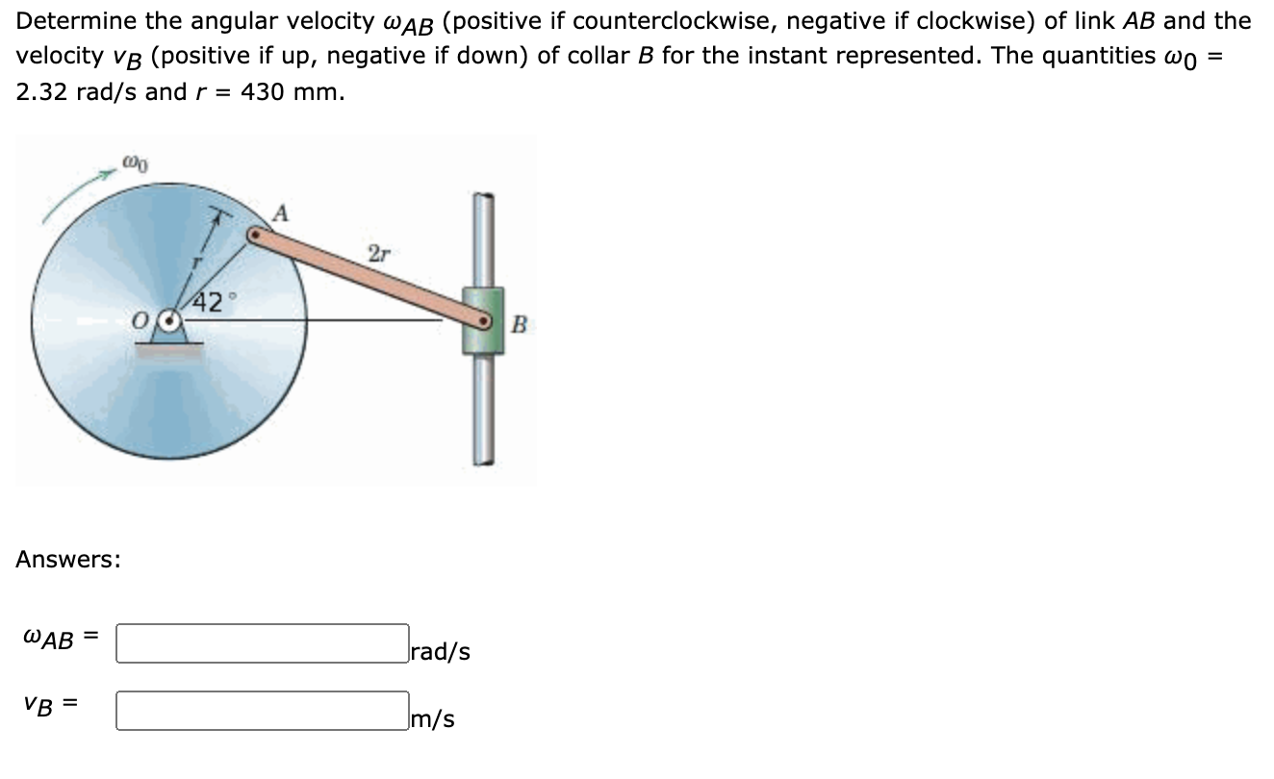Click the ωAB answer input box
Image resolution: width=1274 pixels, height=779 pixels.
(x=262, y=643)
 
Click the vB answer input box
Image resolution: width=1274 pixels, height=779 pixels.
(x=262, y=711)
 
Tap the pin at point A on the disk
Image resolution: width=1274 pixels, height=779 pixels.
(x=254, y=234)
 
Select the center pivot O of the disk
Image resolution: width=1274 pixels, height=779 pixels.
(x=171, y=320)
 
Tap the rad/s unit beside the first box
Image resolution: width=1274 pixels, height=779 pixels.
(x=441, y=652)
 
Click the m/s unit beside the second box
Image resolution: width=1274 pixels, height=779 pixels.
(x=432, y=719)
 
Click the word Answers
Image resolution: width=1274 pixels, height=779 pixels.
(x=68, y=559)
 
